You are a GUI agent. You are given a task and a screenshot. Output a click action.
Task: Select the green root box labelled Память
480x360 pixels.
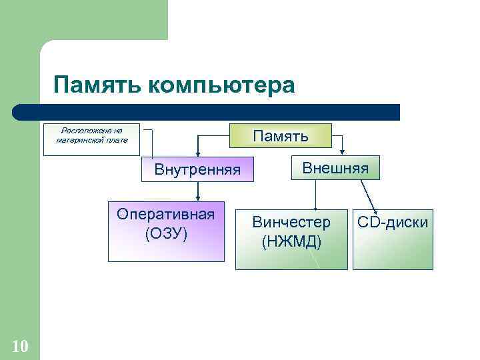click(279, 136)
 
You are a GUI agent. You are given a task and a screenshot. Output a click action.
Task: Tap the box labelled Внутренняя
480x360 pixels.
click(197, 169)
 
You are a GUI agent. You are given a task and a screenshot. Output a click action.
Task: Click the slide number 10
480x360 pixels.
click(20, 346)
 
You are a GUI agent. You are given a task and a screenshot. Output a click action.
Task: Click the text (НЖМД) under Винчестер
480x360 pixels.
click(291, 241)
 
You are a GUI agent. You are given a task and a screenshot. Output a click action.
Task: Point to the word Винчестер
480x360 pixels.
click(291, 223)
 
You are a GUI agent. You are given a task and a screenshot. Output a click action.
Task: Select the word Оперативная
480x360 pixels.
click(166, 214)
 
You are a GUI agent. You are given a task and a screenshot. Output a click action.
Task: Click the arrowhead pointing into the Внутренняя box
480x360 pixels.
click(197, 153)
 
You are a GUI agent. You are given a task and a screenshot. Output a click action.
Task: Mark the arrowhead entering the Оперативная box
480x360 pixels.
click(198, 197)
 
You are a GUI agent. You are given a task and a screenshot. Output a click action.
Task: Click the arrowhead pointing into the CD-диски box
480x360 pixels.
click(375, 210)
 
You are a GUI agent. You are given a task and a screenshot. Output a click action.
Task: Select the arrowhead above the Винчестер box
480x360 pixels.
click(316, 209)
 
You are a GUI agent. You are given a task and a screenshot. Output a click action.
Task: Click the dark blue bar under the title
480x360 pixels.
click(207, 112)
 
